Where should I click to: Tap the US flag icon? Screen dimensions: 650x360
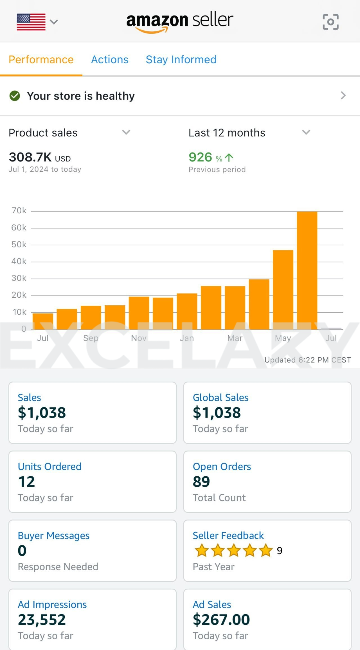[x=31, y=22]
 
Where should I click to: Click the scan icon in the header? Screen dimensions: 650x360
[x=330, y=22]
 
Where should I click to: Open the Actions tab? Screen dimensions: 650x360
[x=110, y=60]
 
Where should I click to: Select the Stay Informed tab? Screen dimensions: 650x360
[x=181, y=60]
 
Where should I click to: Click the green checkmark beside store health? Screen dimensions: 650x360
[x=15, y=96]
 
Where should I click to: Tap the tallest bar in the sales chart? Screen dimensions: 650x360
[x=307, y=270]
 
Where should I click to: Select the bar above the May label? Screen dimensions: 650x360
[x=283, y=290]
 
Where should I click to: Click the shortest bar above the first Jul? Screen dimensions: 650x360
[x=43, y=321]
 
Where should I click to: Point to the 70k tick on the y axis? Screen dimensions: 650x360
[x=19, y=210]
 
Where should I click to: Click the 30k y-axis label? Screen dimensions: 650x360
[x=19, y=278]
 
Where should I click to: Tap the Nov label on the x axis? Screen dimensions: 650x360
[x=139, y=338]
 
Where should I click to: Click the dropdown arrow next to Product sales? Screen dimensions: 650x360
[x=126, y=132]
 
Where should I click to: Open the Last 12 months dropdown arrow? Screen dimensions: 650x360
[x=306, y=132]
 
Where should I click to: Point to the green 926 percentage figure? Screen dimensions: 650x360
[x=201, y=157]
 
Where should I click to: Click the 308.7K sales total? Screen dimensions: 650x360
[x=30, y=157]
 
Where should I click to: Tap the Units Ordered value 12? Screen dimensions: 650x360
[x=26, y=481]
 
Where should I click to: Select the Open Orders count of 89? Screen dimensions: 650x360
[x=201, y=481]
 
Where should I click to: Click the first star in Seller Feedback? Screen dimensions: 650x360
[x=202, y=550]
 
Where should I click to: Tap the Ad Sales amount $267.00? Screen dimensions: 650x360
[x=221, y=620]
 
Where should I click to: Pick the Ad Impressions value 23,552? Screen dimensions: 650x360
[x=42, y=620]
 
